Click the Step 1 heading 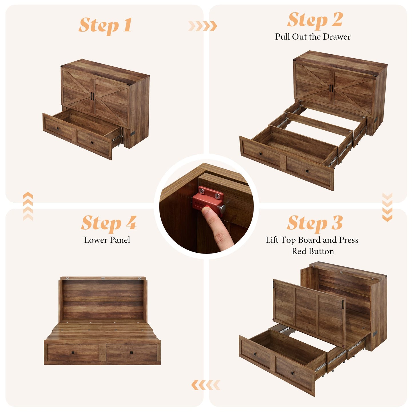(x=105, y=25)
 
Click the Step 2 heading (x=315, y=20)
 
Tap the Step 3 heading (x=315, y=223)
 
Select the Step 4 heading (x=109, y=223)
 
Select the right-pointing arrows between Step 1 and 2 (x=203, y=26)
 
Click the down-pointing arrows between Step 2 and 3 (x=387, y=207)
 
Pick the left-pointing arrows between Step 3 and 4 (x=205, y=385)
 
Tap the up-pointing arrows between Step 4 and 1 (x=28, y=206)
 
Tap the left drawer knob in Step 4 (x=73, y=352)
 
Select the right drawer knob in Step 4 (x=132, y=352)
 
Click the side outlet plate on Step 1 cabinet (x=133, y=134)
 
